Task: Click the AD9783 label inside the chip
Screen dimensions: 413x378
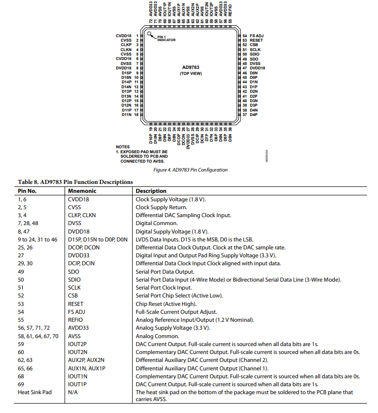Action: point(190,67)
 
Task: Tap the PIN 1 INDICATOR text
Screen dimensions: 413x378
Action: point(166,39)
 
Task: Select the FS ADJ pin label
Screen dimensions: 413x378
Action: point(256,36)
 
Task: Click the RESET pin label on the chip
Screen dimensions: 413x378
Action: point(256,40)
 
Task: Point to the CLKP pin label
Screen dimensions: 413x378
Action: point(126,45)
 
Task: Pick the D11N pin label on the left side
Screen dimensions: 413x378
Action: point(126,115)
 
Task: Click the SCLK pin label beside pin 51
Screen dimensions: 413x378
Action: point(255,50)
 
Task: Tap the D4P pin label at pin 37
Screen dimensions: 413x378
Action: point(253,115)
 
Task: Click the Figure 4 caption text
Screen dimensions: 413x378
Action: point(190,170)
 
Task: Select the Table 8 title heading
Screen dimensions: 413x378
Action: point(76,182)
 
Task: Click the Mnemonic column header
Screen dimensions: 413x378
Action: point(82,191)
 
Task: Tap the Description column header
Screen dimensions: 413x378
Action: point(151,191)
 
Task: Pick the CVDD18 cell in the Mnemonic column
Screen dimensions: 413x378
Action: point(79,199)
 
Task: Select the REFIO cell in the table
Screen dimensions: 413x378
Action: point(76,320)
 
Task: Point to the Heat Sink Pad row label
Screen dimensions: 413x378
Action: point(35,392)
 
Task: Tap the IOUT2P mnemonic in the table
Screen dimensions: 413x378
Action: point(77,344)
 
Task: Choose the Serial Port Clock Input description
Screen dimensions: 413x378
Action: point(163,288)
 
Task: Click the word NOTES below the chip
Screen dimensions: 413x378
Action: point(122,147)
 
